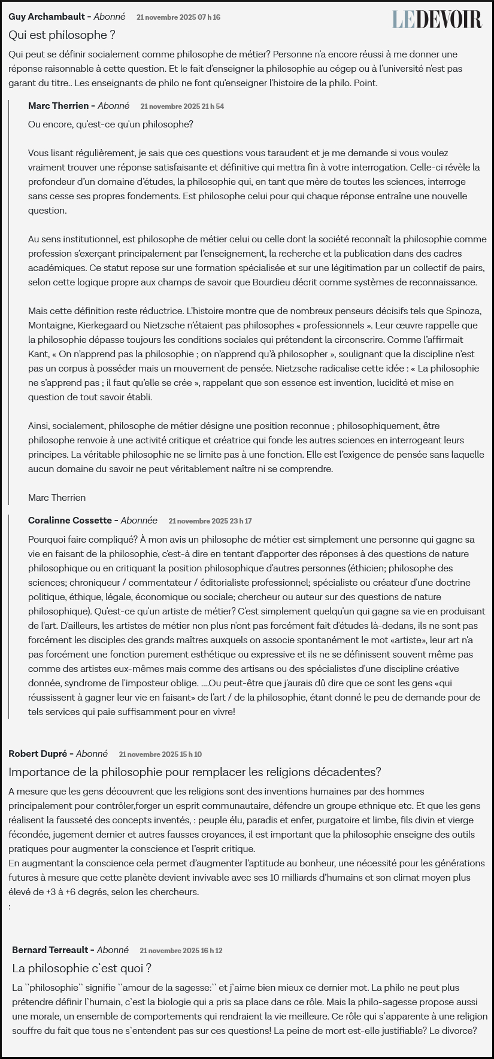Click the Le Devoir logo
tap(437, 19)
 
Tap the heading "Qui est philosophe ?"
tap(62, 35)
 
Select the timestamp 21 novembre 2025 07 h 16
tap(178, 17)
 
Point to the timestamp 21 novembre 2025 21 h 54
tap(182, 106)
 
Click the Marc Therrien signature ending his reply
tap(57, 498)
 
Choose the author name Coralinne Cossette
tap(69, 521)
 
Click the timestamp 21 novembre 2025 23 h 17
tap(210, 521)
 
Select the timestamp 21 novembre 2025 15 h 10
tap(160, 754)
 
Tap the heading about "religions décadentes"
tap(195, 772)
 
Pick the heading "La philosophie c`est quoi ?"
tap(81, 968)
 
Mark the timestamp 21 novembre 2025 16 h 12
tap(181, 951)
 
